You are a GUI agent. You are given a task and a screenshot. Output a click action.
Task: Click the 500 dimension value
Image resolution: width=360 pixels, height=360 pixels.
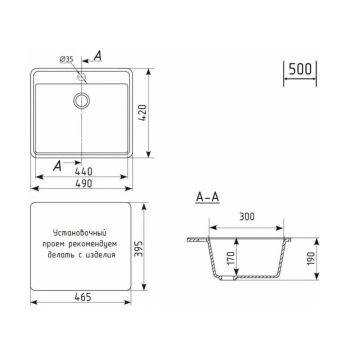pyautogui.click(x=300, y=69)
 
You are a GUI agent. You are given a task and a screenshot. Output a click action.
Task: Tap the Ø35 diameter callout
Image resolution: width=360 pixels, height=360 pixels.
pyautogui.click(x=66, y=59)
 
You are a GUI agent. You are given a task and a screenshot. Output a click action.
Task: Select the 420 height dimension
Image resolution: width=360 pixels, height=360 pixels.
pyautogui.click(x=143, y=113)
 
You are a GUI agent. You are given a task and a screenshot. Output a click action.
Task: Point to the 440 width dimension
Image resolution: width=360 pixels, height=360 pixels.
pyautogui.click(x=83, y=171)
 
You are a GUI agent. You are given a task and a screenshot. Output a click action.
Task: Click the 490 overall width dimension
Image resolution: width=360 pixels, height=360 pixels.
pyautogui.click(x=83, y=183)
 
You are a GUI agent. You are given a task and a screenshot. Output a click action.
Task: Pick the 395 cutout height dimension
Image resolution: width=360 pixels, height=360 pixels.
pyautogui.click(x=139, y=248)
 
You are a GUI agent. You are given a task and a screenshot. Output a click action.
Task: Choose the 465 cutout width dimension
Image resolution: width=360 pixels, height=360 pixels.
pyautogui.click(x=82, y=297)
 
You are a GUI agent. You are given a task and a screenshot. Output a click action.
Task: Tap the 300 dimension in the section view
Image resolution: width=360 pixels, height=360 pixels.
pyautogui.click(x=247, y=217)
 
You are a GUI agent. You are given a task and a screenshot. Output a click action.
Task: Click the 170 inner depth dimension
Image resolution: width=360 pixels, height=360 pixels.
pyautogui.click(x=231, y=258)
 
